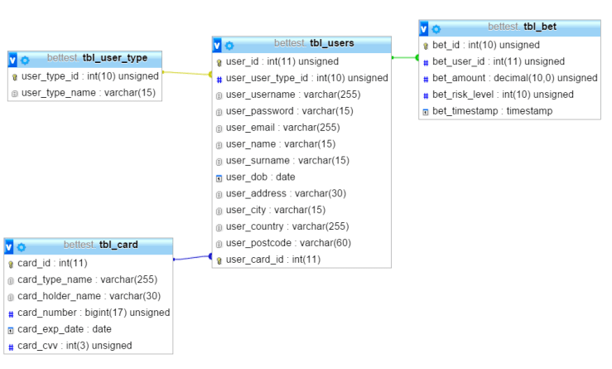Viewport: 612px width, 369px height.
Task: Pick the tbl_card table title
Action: pos(118,245)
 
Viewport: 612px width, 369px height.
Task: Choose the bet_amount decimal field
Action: pos(514,78)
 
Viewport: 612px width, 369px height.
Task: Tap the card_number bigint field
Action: pos(94,313)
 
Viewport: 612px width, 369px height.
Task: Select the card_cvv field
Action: pos(75,346)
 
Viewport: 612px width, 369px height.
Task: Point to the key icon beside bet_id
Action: pos(426,46)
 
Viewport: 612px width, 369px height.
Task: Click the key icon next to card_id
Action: pos(11,264)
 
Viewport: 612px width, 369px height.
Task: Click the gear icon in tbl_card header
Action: pos(22,246)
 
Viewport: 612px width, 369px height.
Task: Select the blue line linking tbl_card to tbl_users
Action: pos(192,258)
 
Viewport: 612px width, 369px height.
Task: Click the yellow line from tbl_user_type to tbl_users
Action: pos(186,74)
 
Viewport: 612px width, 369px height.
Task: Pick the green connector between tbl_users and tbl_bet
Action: pos(405,58)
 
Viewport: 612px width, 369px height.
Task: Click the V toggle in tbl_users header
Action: pos(217,45)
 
